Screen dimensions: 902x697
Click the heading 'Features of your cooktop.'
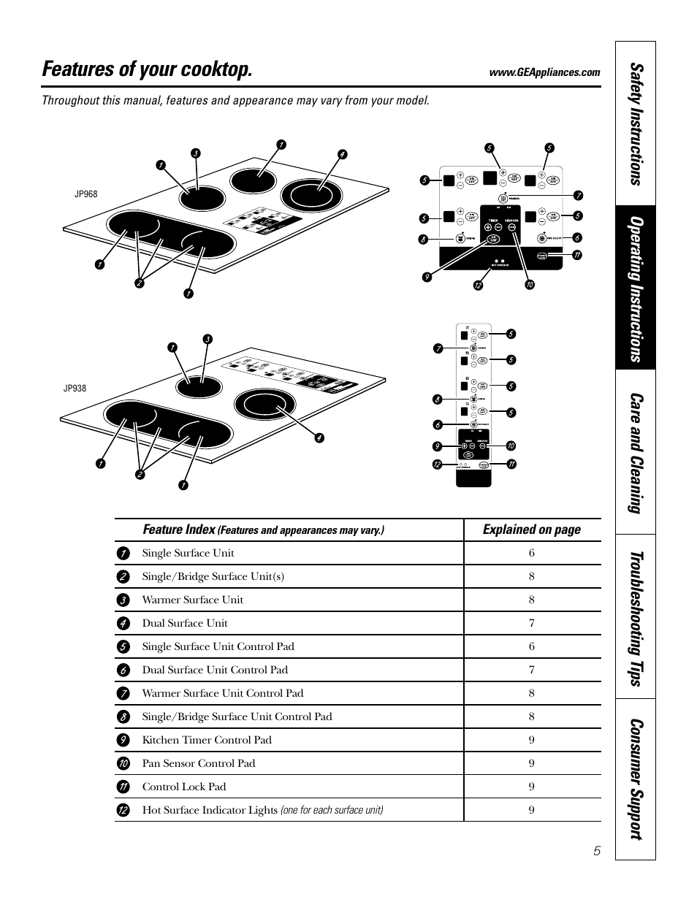148,69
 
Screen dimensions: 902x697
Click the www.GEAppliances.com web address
545,72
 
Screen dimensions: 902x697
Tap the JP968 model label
85,194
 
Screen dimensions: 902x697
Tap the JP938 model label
75,389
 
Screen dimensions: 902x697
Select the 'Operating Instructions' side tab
635,288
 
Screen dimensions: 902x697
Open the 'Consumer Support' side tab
635,779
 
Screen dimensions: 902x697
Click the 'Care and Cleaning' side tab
635,452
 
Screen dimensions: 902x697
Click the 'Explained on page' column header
531,530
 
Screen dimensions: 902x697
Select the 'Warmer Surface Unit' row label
192,600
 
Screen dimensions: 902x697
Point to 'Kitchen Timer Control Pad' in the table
207,740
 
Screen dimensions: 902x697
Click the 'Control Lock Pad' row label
184,787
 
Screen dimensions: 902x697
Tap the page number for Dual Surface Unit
532,623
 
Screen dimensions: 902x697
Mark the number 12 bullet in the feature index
123,810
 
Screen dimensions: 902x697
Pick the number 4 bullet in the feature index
123,623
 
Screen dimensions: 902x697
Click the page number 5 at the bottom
597,851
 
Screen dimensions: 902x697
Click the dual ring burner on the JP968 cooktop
311,195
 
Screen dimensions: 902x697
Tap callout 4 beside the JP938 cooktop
319,438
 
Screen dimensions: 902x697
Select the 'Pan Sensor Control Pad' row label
199,763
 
